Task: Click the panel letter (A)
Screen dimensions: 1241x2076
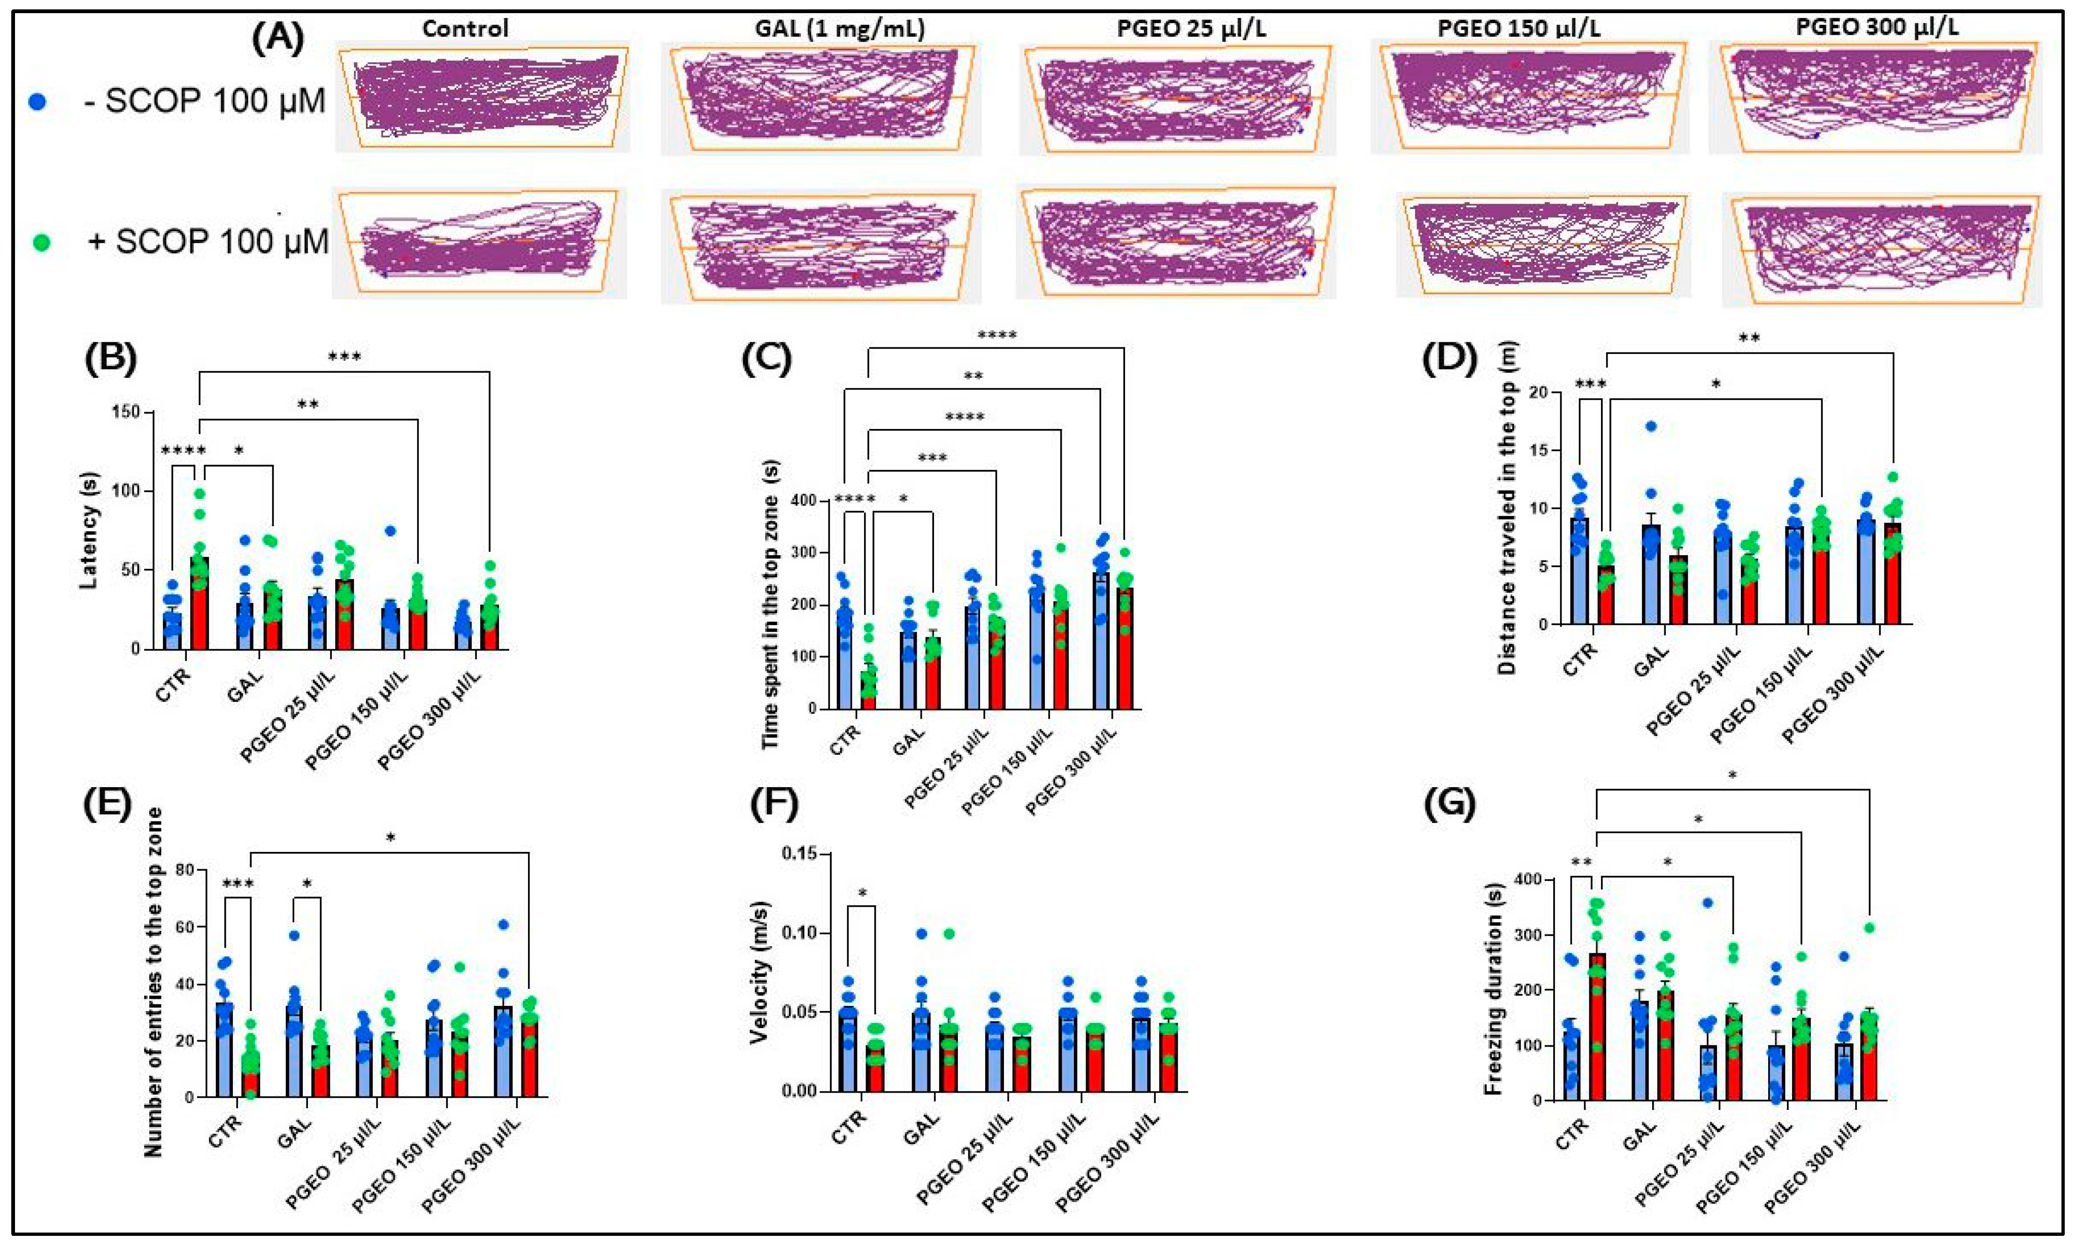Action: coord(278,39)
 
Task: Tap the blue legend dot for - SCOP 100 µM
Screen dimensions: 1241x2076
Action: coord(37,102)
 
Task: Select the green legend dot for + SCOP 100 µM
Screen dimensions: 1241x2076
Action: coord(40,243)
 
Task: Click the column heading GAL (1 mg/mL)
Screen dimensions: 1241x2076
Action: coord(839,29)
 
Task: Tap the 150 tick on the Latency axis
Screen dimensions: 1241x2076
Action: coord(127,412)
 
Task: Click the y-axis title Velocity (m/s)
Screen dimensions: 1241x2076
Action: coord(759,973)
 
